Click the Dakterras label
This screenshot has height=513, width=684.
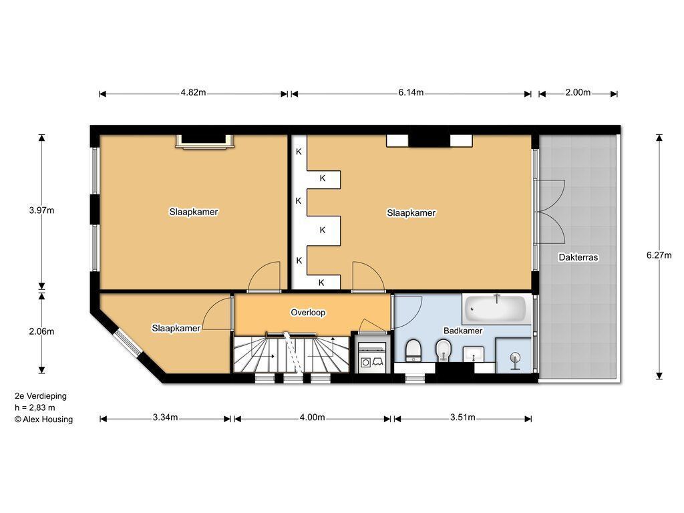tap(578, 257)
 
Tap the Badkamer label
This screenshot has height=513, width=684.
tap(463, 331)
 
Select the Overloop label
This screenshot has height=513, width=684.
tap(308, 313)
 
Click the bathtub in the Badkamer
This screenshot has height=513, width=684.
tap(495, 309)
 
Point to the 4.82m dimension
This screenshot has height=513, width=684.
tap(193, 92)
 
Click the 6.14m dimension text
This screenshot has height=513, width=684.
tap(411, 92)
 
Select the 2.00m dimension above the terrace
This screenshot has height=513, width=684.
tap(578, 92)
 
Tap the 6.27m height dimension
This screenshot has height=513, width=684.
tap(659, 255)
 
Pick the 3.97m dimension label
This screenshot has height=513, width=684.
tap(41, 210)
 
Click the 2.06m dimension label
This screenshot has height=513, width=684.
tap(41, 331)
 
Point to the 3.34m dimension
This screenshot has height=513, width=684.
tap(166, 417)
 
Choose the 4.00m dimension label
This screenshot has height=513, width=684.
tap(312, 417)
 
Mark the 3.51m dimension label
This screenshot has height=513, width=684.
tap(463, 417)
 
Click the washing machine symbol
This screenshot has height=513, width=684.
tap(371, 357)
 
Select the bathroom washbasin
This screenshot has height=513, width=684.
tap(474, 354)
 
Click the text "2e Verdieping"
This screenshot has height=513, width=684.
tap(41, 396)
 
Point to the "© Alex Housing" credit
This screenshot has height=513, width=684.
tap(43, 419)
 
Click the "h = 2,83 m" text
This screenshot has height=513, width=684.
tap(35, 408)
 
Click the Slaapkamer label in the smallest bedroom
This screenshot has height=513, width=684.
tap(176, 328)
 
